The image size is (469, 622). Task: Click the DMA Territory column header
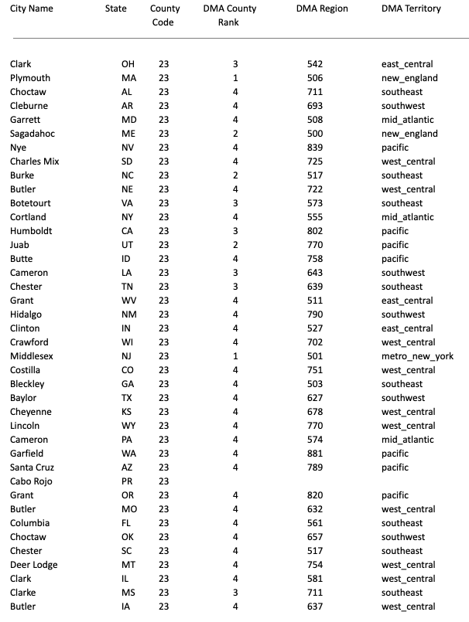411,8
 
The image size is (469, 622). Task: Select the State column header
116,8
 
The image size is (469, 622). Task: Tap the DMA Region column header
322,8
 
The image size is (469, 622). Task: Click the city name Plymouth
30,78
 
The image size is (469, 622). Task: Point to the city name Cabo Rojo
32,481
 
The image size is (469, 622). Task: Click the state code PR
128,481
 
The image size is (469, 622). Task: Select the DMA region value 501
315,356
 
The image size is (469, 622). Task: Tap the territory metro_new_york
416,356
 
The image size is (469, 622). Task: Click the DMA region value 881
315,454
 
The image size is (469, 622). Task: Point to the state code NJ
128,356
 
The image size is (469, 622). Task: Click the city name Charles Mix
35,161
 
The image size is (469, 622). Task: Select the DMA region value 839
315,148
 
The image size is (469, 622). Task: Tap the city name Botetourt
32,203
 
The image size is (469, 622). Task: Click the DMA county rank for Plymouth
234,78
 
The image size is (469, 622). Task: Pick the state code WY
128,426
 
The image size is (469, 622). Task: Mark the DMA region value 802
315,231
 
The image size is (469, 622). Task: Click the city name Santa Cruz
33,467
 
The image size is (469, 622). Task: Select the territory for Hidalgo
403,314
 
